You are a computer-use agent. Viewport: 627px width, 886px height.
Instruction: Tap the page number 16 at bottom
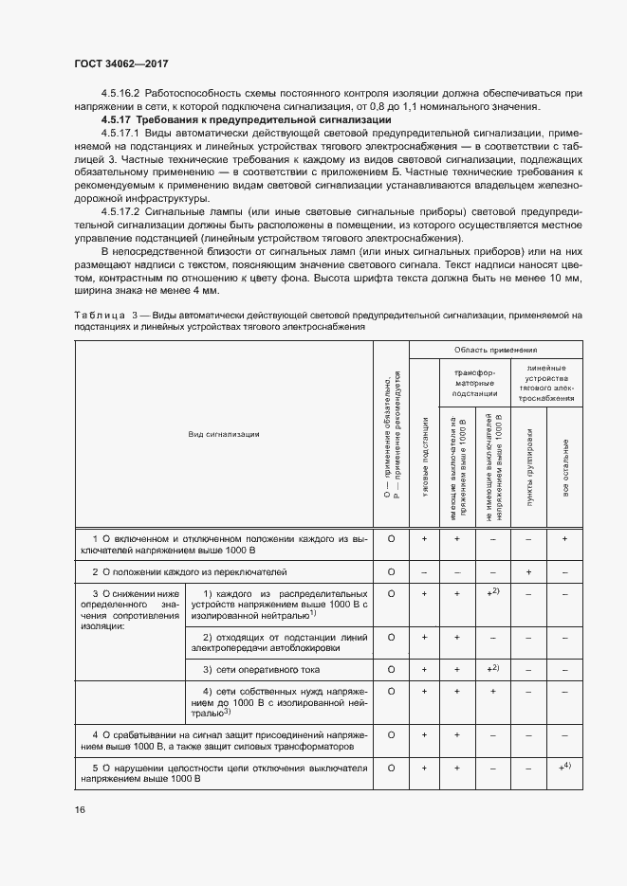click(80, 808)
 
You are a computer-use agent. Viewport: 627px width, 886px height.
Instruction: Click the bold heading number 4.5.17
click(117, 121)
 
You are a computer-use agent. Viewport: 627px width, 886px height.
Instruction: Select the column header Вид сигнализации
click(224, 434)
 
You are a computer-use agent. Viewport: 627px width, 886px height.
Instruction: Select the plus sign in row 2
click(528, 572)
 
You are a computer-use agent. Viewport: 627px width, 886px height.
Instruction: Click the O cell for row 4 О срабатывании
click(391, 734)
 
